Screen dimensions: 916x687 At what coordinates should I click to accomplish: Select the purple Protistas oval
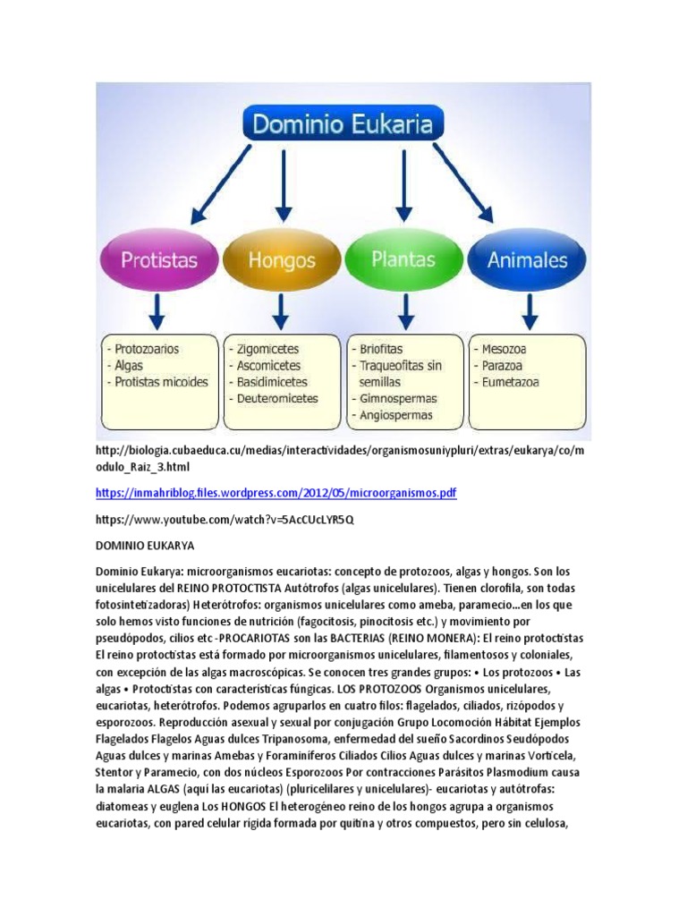[160, 259]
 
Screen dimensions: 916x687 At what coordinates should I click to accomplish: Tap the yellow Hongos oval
[282, 260]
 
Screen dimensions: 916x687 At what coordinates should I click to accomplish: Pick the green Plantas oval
[404, 259]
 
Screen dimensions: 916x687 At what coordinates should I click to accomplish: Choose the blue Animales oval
[528, 260]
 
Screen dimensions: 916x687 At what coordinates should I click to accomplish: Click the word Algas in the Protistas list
[131, 365]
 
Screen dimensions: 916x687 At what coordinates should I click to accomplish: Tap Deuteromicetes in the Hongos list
[277, 398]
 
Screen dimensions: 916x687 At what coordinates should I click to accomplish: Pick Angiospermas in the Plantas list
[396, 415]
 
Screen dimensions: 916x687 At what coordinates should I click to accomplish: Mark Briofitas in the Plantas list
[381, 349]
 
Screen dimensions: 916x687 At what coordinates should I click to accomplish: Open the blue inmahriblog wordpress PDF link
[276, 493]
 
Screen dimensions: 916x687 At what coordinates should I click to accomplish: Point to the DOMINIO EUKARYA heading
[144, 545]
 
